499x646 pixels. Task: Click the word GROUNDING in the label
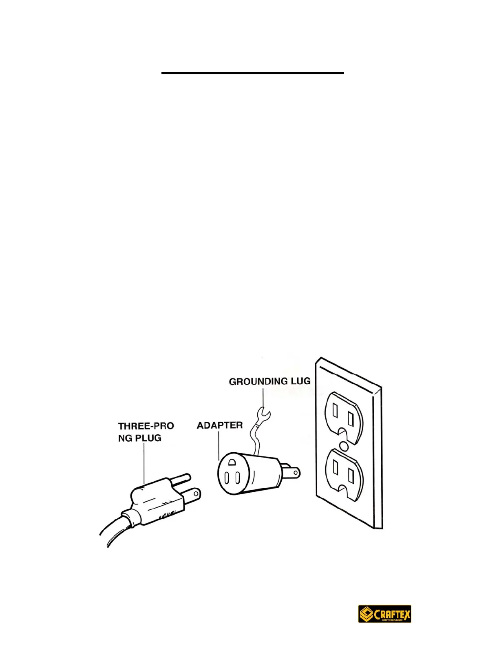pos(258,382)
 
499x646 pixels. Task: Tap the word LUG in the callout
pos(300,381)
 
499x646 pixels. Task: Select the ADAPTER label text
pos(220,425)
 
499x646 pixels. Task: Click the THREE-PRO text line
pos(146,426)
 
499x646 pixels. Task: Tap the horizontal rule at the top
pos(253,73)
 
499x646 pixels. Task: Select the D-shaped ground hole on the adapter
pos(232,462)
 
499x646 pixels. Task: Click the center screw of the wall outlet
pos(344,446)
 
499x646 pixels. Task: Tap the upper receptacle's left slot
pos(335,410)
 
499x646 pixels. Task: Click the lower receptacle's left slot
pos(335,466)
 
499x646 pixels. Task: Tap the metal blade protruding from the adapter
pos(293,472)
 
